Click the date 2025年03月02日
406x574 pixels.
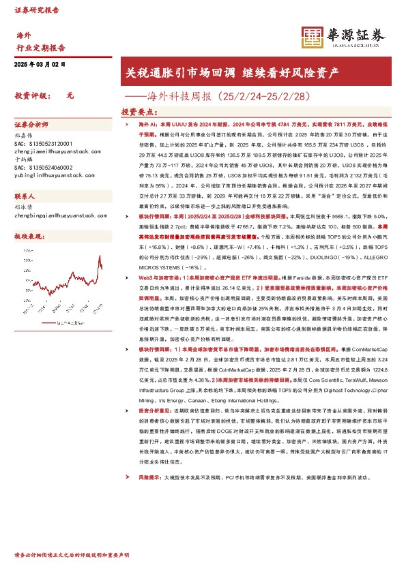(40, 63)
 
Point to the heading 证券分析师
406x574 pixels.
(31, 125)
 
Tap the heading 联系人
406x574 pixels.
(25, 195)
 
